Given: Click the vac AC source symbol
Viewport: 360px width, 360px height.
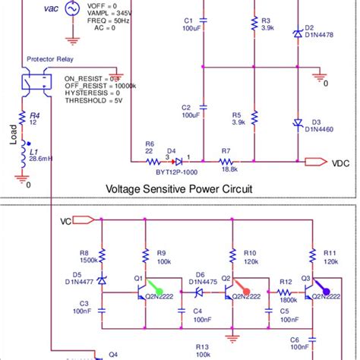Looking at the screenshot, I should [x=71, y=9].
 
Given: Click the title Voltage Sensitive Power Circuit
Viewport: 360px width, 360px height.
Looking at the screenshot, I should [x=178, y=188].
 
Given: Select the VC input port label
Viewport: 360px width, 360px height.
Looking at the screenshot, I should [x=67, y=222].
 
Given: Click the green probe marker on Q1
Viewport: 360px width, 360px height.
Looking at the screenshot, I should [x=155, y=289].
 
